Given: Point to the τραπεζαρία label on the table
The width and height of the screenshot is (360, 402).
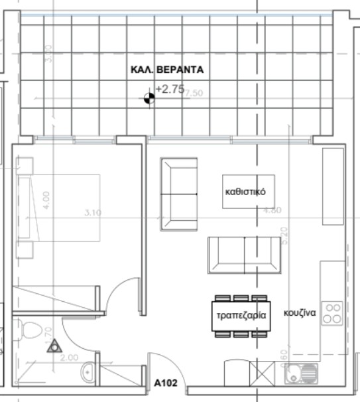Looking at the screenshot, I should tap(240, 316).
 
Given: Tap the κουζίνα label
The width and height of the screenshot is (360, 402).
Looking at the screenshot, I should tap(300, 311).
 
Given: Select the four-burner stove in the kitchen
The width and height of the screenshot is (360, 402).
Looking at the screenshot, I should tap(331, 314).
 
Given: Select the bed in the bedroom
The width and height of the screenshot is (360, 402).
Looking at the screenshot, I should tap(60, 209).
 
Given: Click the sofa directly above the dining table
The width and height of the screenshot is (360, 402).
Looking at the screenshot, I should tap(244, 255).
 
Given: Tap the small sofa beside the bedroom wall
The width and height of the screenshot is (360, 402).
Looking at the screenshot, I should tap(179, 194).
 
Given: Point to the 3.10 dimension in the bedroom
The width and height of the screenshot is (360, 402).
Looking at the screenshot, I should tap(93, 213).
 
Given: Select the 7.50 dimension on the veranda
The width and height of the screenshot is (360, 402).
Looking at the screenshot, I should tap(194, 94).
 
